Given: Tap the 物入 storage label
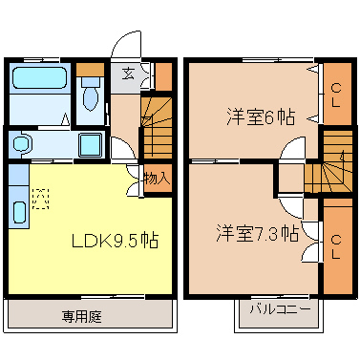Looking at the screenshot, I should point(158,178).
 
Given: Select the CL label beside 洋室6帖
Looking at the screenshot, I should point(336,95).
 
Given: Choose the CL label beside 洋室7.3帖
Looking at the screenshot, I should point(336,241).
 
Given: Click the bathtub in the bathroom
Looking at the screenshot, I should point(39,83).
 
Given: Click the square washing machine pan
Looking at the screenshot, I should point(92,145).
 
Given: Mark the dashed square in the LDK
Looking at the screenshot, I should point(40,199).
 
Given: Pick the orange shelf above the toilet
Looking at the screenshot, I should point(90,69).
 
